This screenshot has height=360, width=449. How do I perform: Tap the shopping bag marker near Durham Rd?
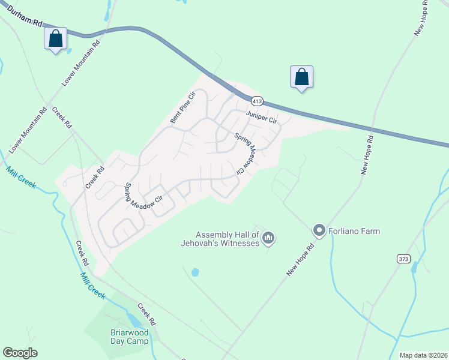pos(55,39)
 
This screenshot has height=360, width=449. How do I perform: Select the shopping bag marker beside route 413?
pos(301,77)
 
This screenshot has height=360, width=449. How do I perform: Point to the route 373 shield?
pos(403,259)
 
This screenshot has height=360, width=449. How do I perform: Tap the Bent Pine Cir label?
pos(184,107)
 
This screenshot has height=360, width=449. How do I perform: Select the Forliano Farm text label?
pos(354,230)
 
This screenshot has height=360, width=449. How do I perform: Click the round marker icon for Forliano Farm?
pos(319,230)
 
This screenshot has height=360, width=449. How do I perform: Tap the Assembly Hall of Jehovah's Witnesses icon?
pos(268,239)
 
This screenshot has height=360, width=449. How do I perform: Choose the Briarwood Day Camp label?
pos(125,337)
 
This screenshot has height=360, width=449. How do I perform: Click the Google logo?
pos(20,353)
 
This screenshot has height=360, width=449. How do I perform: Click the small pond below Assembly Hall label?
pos(195,272)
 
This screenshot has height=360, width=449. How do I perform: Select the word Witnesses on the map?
pos(239,243)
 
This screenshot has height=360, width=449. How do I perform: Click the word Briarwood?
pos(125,332)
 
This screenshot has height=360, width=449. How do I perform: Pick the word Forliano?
pos(344,230)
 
